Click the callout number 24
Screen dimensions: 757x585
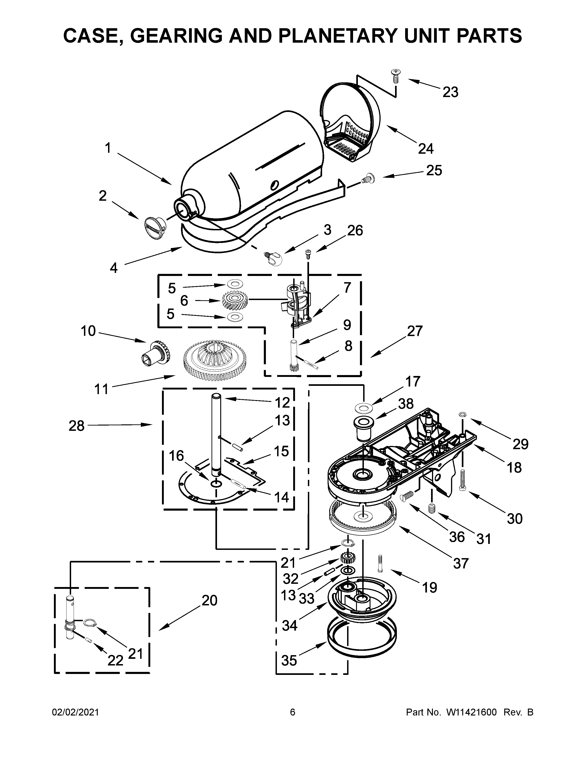tap(426, 149)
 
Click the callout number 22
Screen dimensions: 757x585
tap(115, 661)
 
